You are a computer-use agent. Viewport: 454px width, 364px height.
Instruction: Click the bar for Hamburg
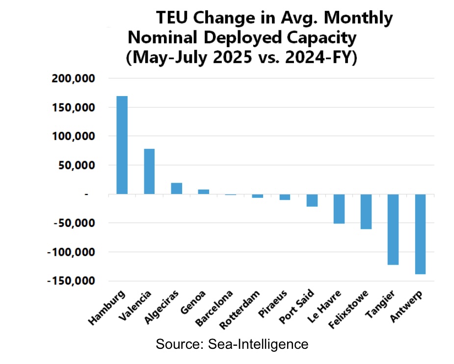point(122,145)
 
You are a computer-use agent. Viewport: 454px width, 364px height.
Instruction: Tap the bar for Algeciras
point(176,189)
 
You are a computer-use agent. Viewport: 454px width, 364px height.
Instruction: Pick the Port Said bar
point(312,200)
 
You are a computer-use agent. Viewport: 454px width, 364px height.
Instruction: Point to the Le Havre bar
point(339,209)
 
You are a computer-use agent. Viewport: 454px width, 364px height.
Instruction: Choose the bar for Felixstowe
point(366,212)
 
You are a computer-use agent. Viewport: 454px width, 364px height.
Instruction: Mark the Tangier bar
point(393,229)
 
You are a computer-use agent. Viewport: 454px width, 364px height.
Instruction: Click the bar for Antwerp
point(420,234)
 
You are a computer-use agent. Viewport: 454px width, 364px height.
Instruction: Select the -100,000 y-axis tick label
point(71,252)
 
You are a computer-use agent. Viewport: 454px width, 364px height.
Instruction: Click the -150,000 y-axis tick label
point(71,281)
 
